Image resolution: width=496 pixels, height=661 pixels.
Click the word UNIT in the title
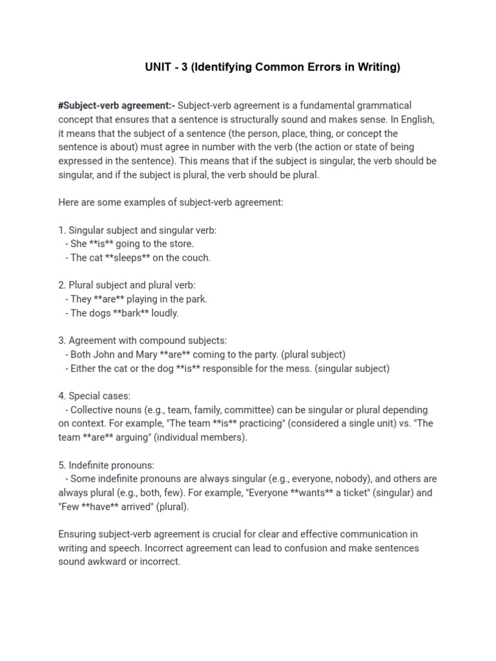(158, 67)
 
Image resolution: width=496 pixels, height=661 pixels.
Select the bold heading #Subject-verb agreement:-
(116, 105)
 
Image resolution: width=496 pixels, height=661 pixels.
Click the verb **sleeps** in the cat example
(132, 258)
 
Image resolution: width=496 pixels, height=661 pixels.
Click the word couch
(197, 258)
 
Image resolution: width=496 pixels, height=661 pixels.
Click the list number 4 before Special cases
(61, 396)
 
